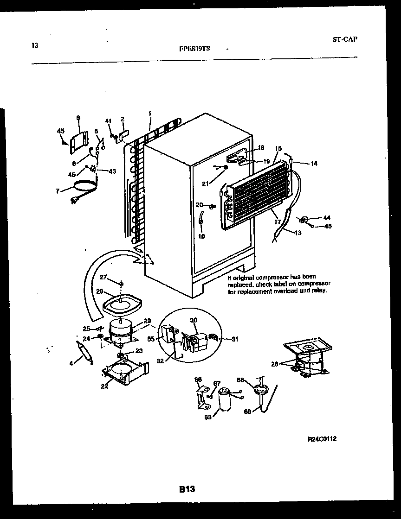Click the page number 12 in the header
click(34, 45)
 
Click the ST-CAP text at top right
click(345, 39)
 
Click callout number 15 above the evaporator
click(278, 149)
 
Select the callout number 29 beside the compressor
click(147, 321)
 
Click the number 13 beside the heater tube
click(298, 233)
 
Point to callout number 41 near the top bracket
click(108, 121)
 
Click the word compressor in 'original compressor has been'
click(277, 277)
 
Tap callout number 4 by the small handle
click(71, 363)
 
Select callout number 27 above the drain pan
click(103, 278)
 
